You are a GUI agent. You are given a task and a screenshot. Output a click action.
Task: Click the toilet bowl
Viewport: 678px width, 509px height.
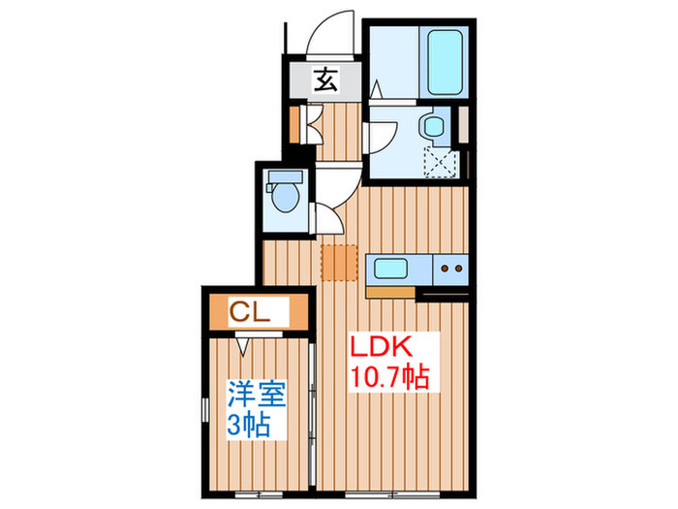pyautogui.click(x=285, y=198)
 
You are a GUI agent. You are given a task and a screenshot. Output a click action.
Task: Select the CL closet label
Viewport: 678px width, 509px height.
pyautogui.click(x=249, y=312)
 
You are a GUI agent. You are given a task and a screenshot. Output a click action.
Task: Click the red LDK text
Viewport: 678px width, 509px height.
pyautogui.click(x=383, y=346)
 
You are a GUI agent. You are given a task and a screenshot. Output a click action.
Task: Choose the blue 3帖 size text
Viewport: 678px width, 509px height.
pyautogui.click(x=248, y=425)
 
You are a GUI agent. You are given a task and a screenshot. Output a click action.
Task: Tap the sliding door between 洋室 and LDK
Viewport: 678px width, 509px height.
pyautogui.click(x=313, y=398)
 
